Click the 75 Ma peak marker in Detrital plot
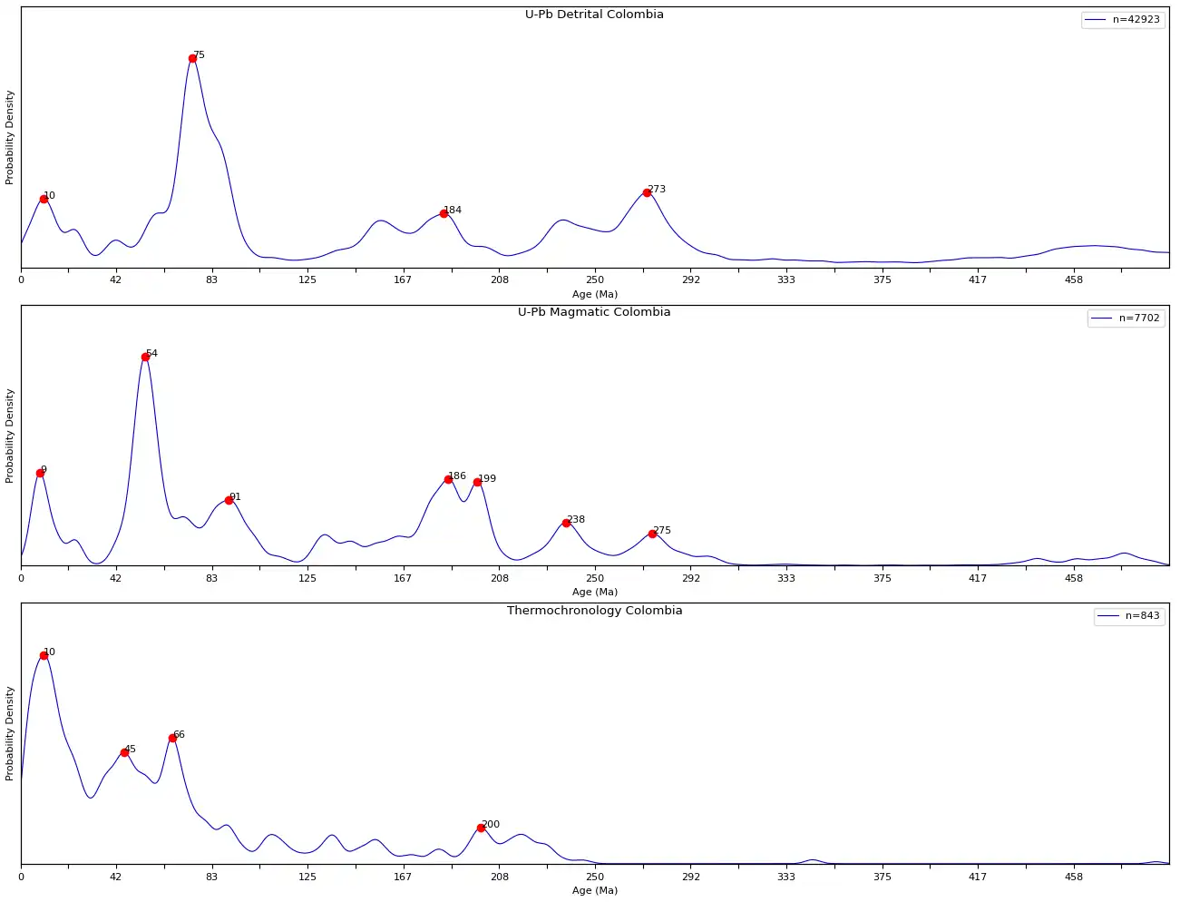[192, 59]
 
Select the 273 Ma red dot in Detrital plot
[647, 192]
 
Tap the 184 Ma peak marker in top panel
[444, 214]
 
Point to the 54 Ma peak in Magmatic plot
[145, 358]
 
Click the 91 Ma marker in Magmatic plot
[229, 501]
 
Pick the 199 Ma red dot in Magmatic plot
[477, 483]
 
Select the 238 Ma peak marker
[566, 524]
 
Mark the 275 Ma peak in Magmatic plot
[652, 534]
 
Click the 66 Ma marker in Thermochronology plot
[172, 739]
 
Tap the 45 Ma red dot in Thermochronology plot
[124, 753]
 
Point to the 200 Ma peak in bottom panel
[481, 828]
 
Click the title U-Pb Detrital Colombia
[594, 15]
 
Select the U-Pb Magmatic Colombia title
[594, 312]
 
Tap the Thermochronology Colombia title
[594, 611]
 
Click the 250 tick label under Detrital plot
[594, 280]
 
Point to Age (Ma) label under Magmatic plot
[594, 593]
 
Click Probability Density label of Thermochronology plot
[10, 733]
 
